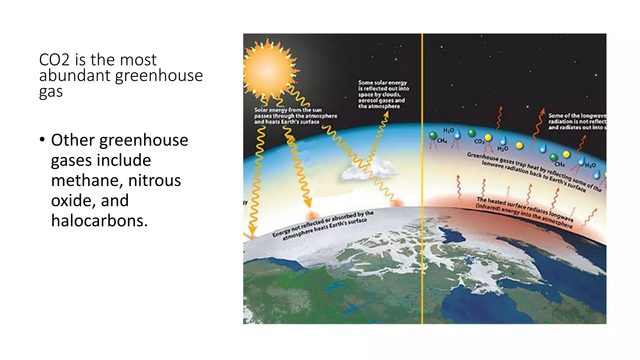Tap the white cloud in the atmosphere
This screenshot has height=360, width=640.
[x=369, y=170]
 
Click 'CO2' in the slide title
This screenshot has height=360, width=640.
[x=54, y=60]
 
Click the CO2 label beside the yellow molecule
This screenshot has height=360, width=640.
[x=479, y=142]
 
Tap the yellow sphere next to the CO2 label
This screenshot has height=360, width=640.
[x=488, y=137]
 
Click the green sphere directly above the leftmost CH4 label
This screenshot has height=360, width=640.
[x=433, y=135]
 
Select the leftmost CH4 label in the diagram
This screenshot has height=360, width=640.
[x=442, y=141]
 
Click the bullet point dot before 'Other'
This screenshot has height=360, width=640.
[x=42, y=140]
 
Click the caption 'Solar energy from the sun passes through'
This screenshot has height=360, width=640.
[x=295, y=116]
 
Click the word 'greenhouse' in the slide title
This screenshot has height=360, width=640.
[x=159, y=76]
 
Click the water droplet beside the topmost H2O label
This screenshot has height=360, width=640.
[x=457, y=134]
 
